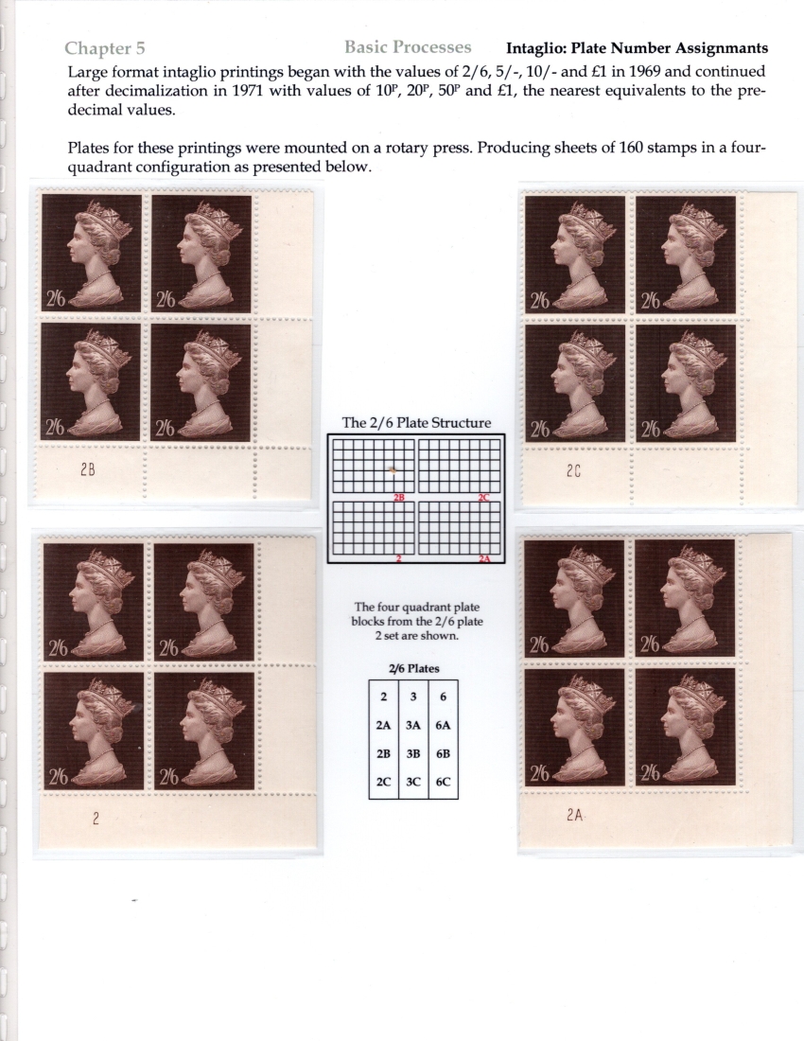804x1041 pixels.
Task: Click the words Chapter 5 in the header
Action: (105, 48)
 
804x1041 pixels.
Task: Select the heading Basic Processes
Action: (408, 47)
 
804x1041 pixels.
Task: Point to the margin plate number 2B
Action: (88, 470)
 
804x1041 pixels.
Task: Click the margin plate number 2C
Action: (574, 471)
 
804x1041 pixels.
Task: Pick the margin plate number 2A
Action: (574, 815)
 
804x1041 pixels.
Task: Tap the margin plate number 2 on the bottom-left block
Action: (96, 820)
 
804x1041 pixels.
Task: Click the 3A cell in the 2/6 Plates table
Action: (413, 726)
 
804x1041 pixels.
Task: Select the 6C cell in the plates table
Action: (443, 782)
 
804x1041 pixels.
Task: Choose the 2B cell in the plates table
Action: (383, 754)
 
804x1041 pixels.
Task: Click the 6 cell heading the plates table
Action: (443, 697)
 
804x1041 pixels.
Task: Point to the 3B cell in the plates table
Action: (413, 754)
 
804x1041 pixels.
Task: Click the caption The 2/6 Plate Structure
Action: (416, 423)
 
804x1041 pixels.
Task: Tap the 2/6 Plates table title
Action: (414, 668)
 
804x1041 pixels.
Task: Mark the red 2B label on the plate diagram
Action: (399, 497)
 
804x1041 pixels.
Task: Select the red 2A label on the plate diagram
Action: (485, 559)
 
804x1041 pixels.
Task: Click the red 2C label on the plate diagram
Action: (483, 497)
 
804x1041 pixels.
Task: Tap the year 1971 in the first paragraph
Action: (248, 91)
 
